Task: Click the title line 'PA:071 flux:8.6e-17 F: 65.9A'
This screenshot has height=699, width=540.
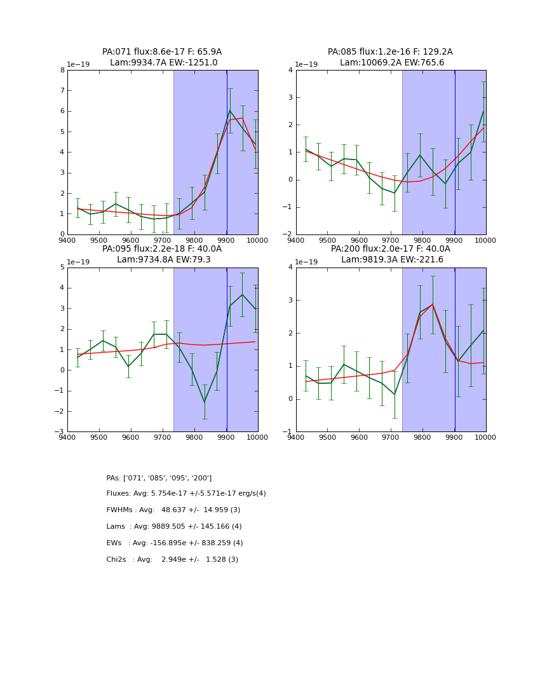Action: pos(162,52)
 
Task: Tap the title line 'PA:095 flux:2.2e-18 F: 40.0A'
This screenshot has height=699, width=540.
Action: pos(162,249)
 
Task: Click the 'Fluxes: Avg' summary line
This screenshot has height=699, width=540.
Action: pos(186,494)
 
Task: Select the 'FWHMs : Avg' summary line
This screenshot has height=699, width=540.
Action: pos(173,510)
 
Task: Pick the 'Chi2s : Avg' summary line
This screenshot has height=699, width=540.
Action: pos(172,560)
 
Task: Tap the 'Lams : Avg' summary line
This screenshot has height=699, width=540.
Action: pos(174,527)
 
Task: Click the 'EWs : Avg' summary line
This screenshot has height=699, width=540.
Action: pos(175,543)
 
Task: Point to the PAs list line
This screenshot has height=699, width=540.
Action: pos(159,478)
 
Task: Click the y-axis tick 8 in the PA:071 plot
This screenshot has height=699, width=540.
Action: pos(62,71)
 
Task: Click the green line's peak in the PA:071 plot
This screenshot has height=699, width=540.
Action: pos(230,111)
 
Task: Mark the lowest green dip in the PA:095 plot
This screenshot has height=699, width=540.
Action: pos(205,402)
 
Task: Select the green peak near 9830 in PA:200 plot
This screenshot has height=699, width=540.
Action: pos(433,304)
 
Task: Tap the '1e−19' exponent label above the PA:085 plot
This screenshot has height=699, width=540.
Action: pos(306,65)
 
